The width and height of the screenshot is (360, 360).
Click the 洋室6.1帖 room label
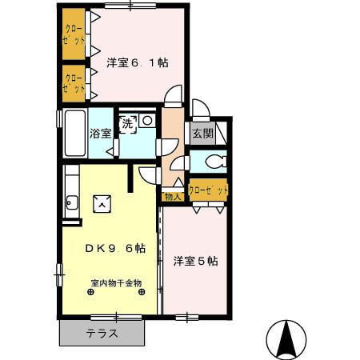pyautogui.click(x=137, y=62)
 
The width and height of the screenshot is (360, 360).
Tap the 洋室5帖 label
pyautogui.click(x=196, y=260)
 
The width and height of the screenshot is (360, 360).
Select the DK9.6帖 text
pyautogui.click(x=115, y=249)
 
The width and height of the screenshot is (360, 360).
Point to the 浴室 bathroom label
pyautogui.click(x=100, y=134)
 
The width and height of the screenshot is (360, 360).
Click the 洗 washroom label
pyautogui.click(x=128, y=123)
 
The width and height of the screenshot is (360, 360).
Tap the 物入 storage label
pyautogui.click(x=172, y=196)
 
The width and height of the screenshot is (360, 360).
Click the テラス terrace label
pyautogui.click(x=102, y=334)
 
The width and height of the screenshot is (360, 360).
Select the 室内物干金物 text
pyautogui.click(x=116, y=282)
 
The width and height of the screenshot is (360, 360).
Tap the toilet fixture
pyautogui.click(x=213, y=162)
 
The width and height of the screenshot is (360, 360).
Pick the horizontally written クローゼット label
pyautogui.click(x=208, y=190)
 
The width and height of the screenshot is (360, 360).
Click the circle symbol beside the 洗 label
pyautogui.click(x=147, y=121)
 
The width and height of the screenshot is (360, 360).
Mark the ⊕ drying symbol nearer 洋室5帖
pyautogui.click(x=142, y=293)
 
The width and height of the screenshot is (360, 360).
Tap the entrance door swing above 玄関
pyautogui.click(x=200, y=110)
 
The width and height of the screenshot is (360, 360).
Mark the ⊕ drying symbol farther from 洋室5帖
pyautogui.click(x=90, y=293)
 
